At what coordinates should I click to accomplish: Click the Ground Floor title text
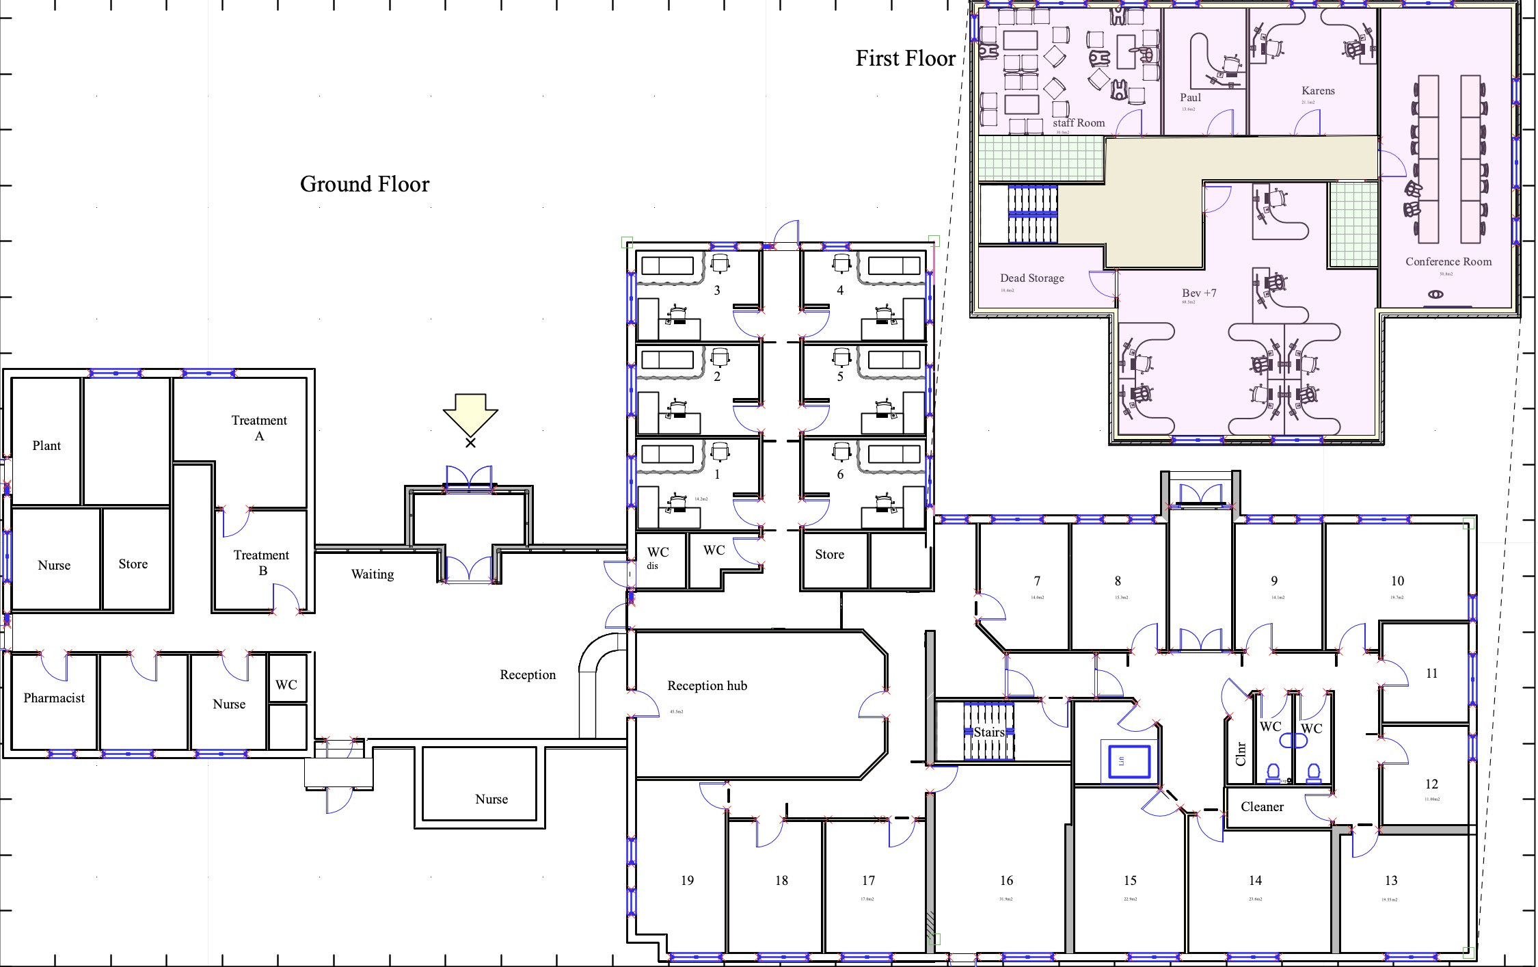(364, 184)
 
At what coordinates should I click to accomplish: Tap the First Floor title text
(905, 58)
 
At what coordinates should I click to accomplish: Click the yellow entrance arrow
(470, 412)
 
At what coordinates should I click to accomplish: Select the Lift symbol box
(1124, 762)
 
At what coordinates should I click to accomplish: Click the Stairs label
(989, 732)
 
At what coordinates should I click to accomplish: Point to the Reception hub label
(707, 685)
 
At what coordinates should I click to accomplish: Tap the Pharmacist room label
(54, 698)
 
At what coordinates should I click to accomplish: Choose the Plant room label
(46, 445)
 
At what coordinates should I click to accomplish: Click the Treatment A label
(259, 427)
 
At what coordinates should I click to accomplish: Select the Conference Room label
(1448, 261)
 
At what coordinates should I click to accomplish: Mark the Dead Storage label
(1031, 278)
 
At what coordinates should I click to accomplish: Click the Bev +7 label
(1199, 293)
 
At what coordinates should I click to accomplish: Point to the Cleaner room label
(1262, 806)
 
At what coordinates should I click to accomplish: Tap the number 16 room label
(1006, 880)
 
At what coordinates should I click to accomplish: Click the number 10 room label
(1397, 581)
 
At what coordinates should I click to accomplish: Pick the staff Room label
(1078, 122)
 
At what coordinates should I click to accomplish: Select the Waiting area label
(373, 574)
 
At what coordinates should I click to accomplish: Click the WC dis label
(657, 557)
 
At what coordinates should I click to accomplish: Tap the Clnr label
(1241, 754)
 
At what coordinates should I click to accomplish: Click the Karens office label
(1318, 90)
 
